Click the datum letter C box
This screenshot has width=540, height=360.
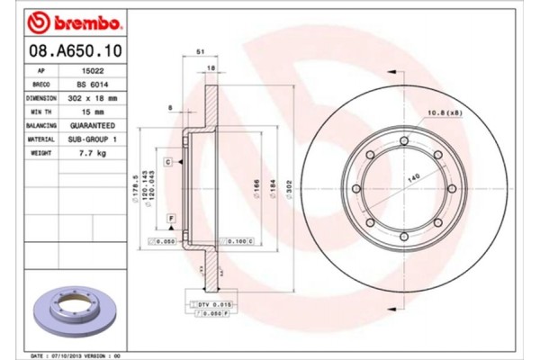pos(168,161)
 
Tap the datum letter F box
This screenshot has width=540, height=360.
pos(168,219)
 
